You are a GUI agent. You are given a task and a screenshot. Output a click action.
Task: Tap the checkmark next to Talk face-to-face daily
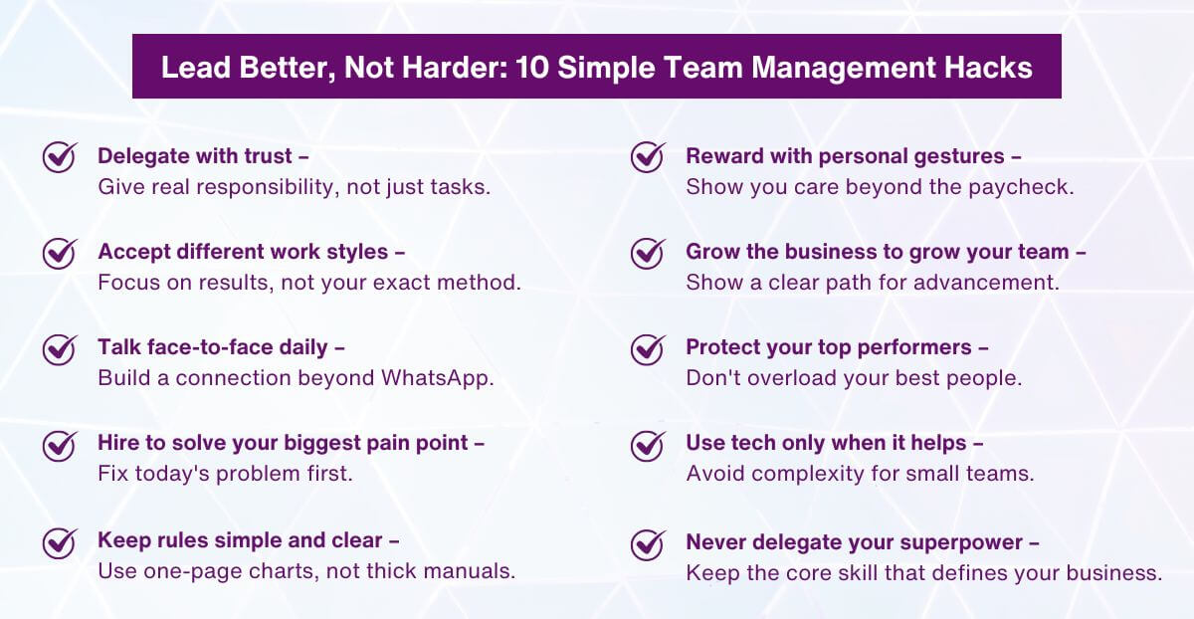point(60,348)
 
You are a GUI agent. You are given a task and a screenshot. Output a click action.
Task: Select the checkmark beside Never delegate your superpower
point(648,544)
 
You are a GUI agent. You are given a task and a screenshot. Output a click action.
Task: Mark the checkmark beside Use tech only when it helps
point(648,445)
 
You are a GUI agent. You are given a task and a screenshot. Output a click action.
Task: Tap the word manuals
point(474,571)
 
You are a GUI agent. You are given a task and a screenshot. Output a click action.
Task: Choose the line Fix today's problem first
point(225,474)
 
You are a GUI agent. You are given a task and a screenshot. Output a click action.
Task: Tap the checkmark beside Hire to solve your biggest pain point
point(60,445)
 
